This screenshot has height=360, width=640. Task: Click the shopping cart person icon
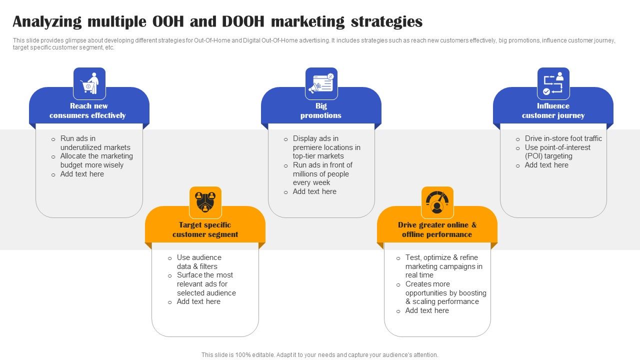pos(89,83)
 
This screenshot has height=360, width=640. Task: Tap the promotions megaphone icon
pos(321,83)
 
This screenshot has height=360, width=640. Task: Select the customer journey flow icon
pos(553,83)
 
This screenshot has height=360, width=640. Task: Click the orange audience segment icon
pos(205,202)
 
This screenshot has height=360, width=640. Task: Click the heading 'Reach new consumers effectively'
pos(88,110)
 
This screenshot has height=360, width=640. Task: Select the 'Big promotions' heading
pos(321,110)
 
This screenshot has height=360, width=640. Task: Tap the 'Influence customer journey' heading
pos(553,110)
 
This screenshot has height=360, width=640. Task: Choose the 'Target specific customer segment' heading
pos(205,229)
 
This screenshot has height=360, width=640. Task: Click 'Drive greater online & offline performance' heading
pos(437,229)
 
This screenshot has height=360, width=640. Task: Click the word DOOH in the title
pos(243,21)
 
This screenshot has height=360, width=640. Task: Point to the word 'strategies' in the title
pos(386,22)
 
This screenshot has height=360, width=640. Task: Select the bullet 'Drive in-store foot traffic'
pos(563,138)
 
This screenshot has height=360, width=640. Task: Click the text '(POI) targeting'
pos(548,156)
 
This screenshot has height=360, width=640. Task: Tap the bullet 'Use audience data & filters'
pos(199,262)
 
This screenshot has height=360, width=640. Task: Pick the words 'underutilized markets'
pos(95,147)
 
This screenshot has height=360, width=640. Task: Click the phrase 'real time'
pos(419,275)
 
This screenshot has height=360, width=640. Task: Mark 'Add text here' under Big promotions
pos(314,191)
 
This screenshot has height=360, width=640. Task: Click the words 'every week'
pos(311,182)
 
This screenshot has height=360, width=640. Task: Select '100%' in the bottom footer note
pos(243,355)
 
